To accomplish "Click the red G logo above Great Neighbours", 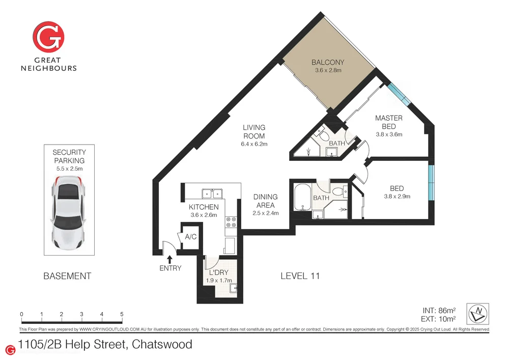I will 48,37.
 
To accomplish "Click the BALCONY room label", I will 328,63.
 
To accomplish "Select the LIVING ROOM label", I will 254,132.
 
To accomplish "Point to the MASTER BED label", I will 389,122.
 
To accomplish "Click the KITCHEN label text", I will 204,207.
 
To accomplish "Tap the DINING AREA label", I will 266,201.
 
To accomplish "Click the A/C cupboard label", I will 191,237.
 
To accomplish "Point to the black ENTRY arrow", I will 169,260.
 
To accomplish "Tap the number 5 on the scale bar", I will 122,314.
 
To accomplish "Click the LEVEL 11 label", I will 300,276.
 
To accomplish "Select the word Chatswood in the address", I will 162,345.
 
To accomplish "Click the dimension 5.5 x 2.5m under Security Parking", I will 69,168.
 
